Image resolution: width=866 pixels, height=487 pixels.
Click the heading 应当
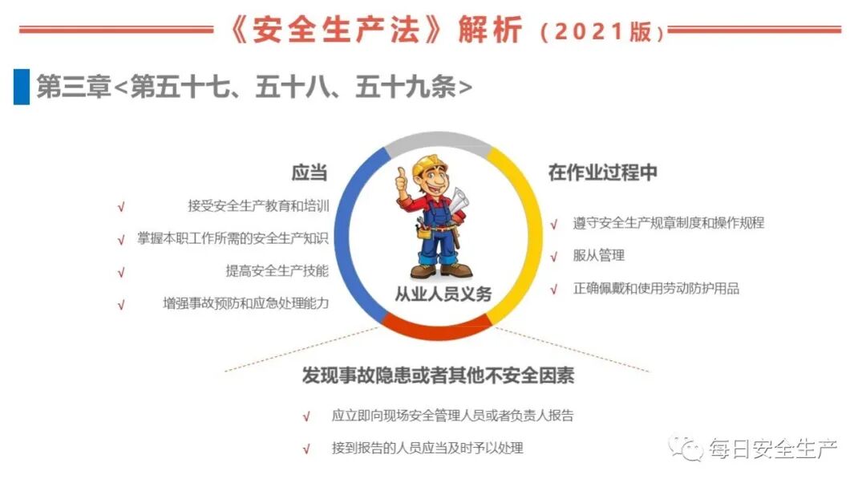(309, 173)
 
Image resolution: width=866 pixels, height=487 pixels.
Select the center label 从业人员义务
(443, 294)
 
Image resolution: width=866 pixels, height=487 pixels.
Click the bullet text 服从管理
(598, 256)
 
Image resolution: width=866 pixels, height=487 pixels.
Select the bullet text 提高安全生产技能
(277, 271)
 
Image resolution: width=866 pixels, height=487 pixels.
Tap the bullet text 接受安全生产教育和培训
(258, 206)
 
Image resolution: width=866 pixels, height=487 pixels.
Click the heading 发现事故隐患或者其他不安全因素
(438, 376)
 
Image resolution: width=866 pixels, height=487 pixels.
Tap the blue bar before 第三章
(21, 87)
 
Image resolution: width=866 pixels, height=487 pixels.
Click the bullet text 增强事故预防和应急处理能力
(245, 304)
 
